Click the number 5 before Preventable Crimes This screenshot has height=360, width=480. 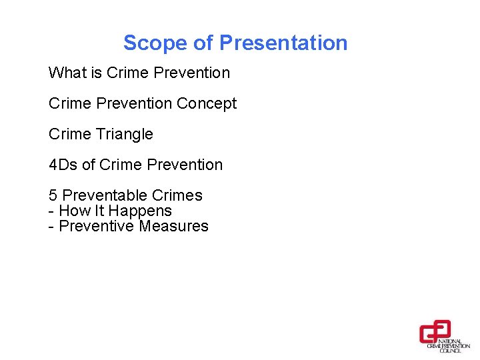tap(53, 195)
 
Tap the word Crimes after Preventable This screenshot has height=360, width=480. tap(177, 195)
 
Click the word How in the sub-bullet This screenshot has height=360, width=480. tap(73, 211)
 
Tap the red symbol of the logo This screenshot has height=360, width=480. tap(435, 331)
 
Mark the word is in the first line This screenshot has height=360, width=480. tap(96, 73)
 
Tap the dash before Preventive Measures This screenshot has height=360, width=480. tap(51, 226)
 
